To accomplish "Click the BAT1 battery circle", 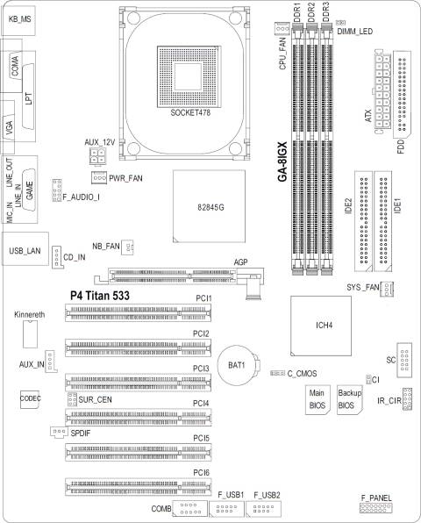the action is pyautogui.click(x=236, y=365).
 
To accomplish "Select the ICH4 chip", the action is pyautogui.click(x=321, y=326).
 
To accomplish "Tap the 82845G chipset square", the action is pyautogui.click(x=209, y=206).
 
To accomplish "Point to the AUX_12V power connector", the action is pyautogui.click(x=97, y=156).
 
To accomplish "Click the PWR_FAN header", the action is pyautogui.click(x=99, y=178).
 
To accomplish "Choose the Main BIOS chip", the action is pyautogui.click(x=318, y=400).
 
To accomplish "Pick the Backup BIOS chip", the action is pyautogui.click(x=350, y=400).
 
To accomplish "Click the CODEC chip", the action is pyautogui.click(x=31, y=399).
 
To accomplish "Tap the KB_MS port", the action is pyautogui.click(x=18, y=18).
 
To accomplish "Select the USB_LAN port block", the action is pyautogui.click(x=25, y=249).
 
